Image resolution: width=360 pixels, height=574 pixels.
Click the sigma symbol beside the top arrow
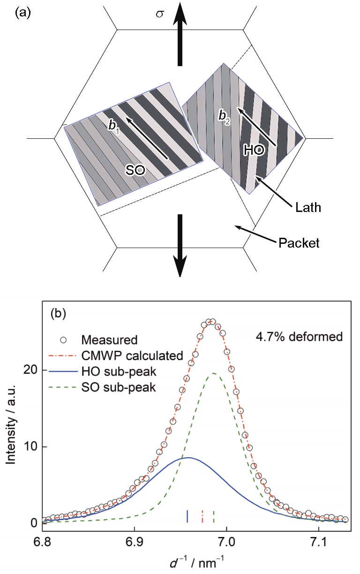(x=159, y=14)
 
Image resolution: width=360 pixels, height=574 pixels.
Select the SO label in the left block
(x=135, y=170)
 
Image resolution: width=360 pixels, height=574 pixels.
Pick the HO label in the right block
(x=254, y=150)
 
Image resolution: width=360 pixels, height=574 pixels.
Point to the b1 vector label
(x=114, y=126)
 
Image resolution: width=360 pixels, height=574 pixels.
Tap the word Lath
(x=308, y=207)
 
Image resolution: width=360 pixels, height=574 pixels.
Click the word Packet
(x=299, y=242)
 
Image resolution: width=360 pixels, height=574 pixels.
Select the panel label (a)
(x=23, y=13)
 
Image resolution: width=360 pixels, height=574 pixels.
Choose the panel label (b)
(x=59, y=313)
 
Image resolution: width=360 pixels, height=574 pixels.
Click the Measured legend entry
(x=99, y=340)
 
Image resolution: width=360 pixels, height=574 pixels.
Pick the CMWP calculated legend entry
(x=116, y=355)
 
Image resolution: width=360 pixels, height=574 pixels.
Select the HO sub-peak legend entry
(x=103, y=371)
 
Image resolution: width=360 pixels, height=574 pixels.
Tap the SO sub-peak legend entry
(x=103, y=387)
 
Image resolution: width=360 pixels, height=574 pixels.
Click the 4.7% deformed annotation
(x=299, y=336)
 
